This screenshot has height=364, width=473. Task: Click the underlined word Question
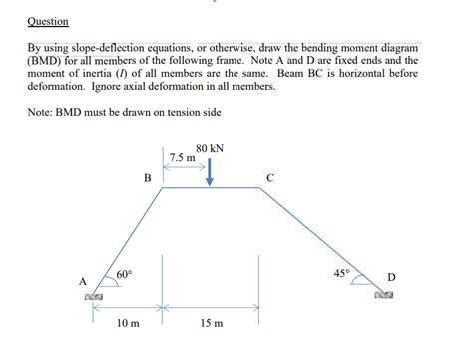pyautogui.click(x=48, y=21)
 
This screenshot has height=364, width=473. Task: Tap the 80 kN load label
pyautogui.click(x=210, y=148)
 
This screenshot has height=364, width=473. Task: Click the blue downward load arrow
pyautogui.click(x=210, y=172)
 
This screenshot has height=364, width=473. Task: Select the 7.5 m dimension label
pyautogui.click(x=183, y=158)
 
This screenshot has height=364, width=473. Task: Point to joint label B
pyautogui.click(x=148, y=178)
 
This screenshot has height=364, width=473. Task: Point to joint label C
pyautogui.click(x=270, y=178)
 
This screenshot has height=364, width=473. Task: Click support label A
pyautogui.click(x=84, y=281)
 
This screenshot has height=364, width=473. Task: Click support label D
pyautogui.click(x=391, y=276)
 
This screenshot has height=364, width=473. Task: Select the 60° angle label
pyautogui.click(x=124, y=274)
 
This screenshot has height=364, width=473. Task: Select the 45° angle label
pyautogui.click(x=341, y=272)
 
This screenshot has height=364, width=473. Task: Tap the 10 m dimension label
pyautogui.click(x=128, y=324)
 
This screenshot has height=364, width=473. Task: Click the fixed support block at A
pyautogui.click(x=95, y=297)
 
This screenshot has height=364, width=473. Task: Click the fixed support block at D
pyautogui.click(x=385, y=295)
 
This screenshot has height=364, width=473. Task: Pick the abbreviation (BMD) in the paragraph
pyautogui.click(x=47, y=60)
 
